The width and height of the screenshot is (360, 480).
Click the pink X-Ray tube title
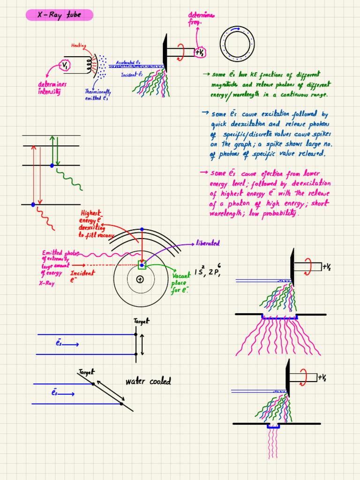tap(59, 15)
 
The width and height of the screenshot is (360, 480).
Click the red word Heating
tap(78, 45)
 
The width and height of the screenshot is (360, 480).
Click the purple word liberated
tap(208, 243)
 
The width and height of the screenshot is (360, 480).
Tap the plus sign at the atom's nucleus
tap(140, 279)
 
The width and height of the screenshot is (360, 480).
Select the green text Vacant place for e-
tap(180, 284)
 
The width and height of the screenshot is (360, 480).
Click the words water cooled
tap(148, 382)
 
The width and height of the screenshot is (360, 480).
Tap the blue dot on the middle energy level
tap(52, 165)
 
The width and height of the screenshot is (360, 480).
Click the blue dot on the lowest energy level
tap(33, 204)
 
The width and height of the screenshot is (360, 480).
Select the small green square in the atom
tap(142, 265)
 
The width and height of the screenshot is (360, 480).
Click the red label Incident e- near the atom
tap(82, 276)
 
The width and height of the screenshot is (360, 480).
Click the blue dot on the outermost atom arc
tap(142, 229)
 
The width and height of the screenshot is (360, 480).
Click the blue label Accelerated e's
tap(128, 62)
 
